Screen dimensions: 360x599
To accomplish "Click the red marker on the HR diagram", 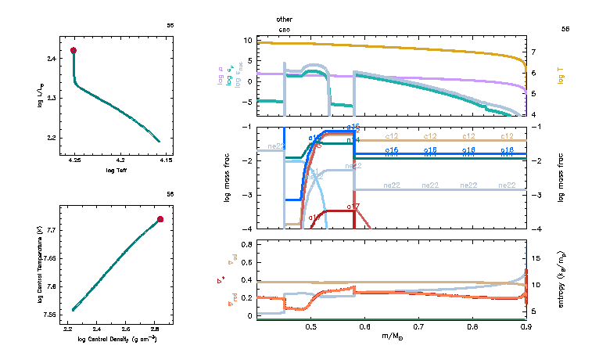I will tap(74, 50).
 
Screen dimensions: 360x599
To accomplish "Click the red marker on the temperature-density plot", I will tap(160, 219).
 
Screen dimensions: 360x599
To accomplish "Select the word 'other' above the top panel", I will tap(285, 18).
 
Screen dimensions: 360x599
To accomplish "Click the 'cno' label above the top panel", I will tap(285, 29).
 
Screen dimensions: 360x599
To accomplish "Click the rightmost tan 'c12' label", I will tap(507, 136).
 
